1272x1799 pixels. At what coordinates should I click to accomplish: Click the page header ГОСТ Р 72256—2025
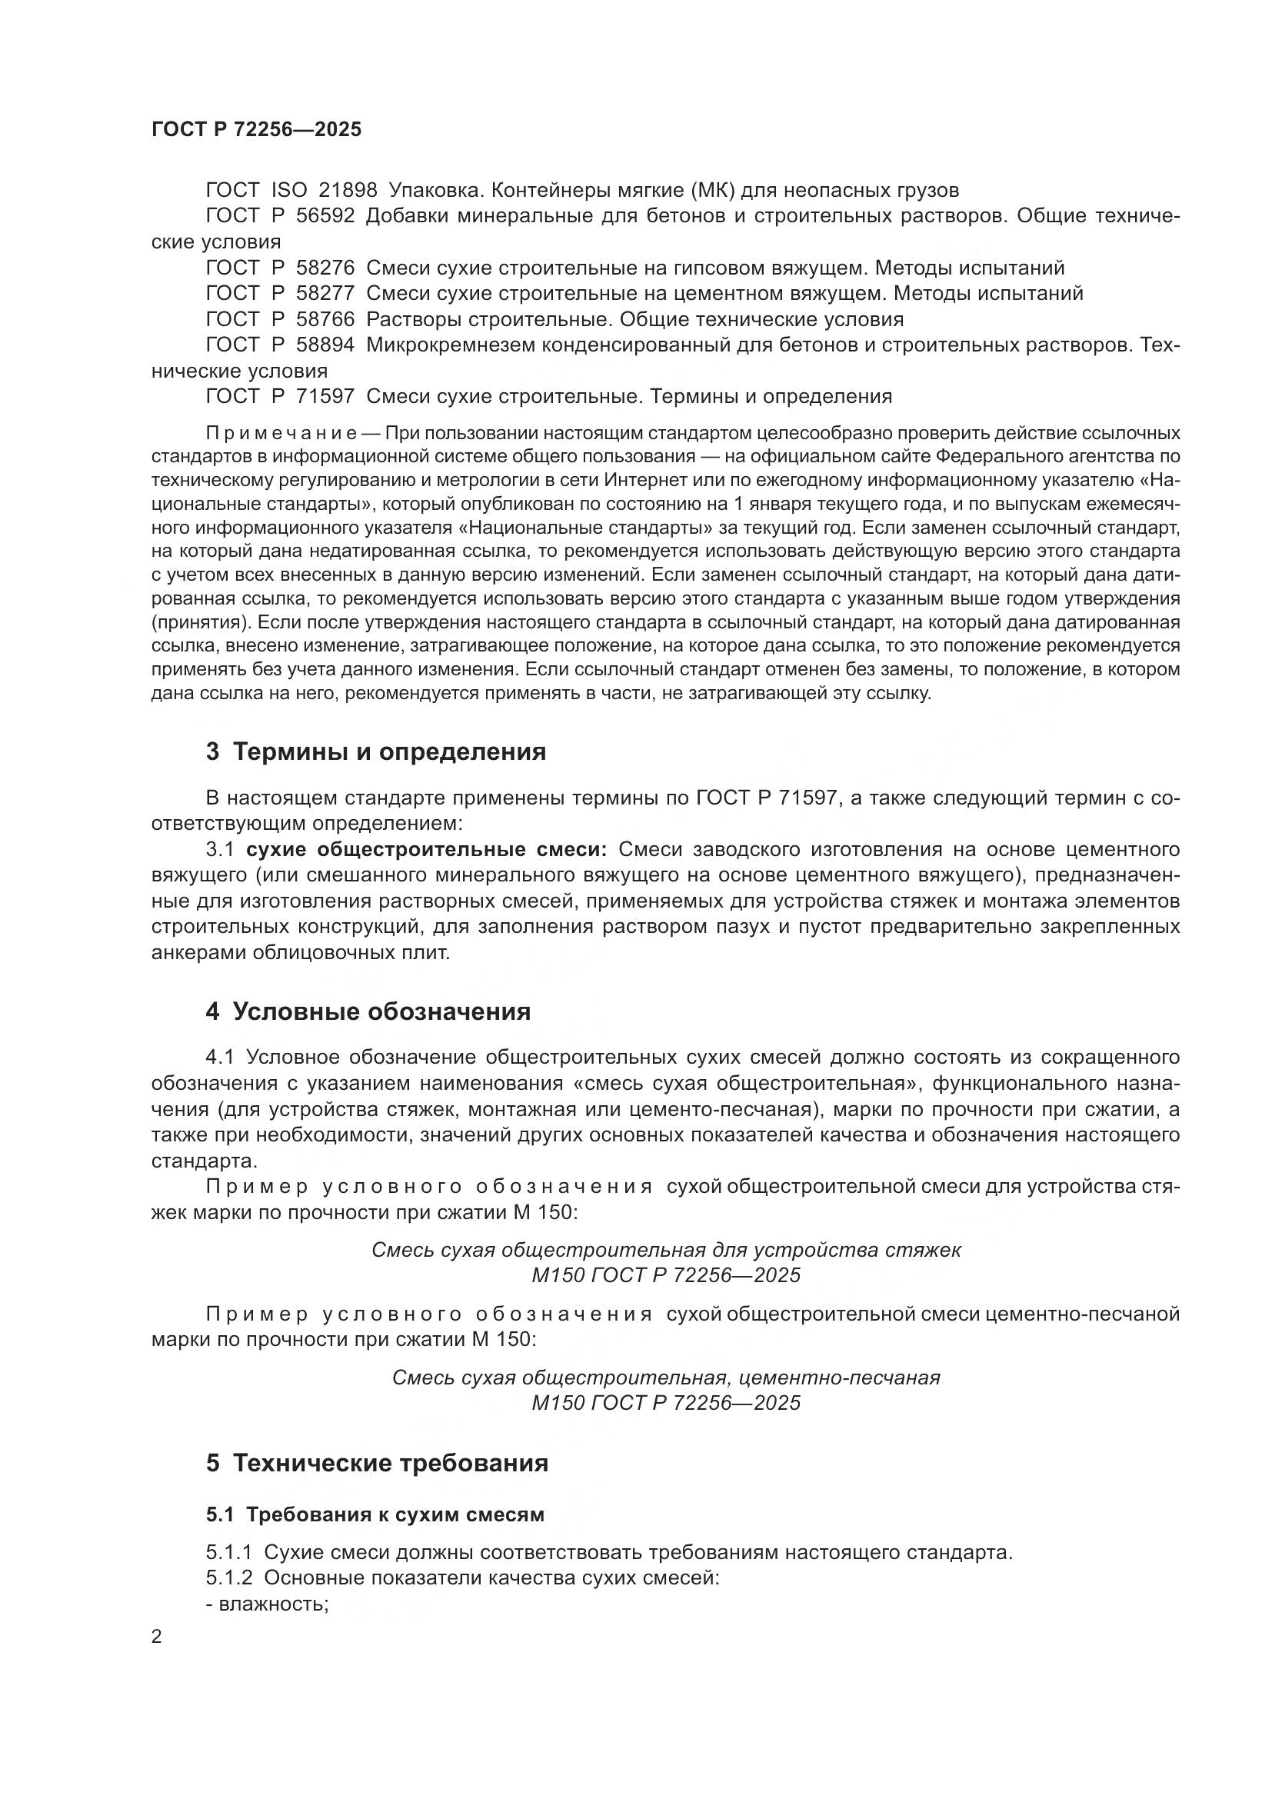[256, 129]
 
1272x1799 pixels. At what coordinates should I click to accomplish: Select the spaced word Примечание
[281, 433]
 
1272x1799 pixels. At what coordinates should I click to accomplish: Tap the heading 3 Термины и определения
[376, 752]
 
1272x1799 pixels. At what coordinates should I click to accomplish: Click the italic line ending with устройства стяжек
[666, 1250]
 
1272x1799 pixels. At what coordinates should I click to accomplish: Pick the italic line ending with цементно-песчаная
[666, 1378]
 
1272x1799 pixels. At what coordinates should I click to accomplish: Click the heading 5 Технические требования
[378, 1463]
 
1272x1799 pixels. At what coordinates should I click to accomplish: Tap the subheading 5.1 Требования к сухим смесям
[375, 1514]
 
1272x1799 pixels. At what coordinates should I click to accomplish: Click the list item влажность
[266, 1604]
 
